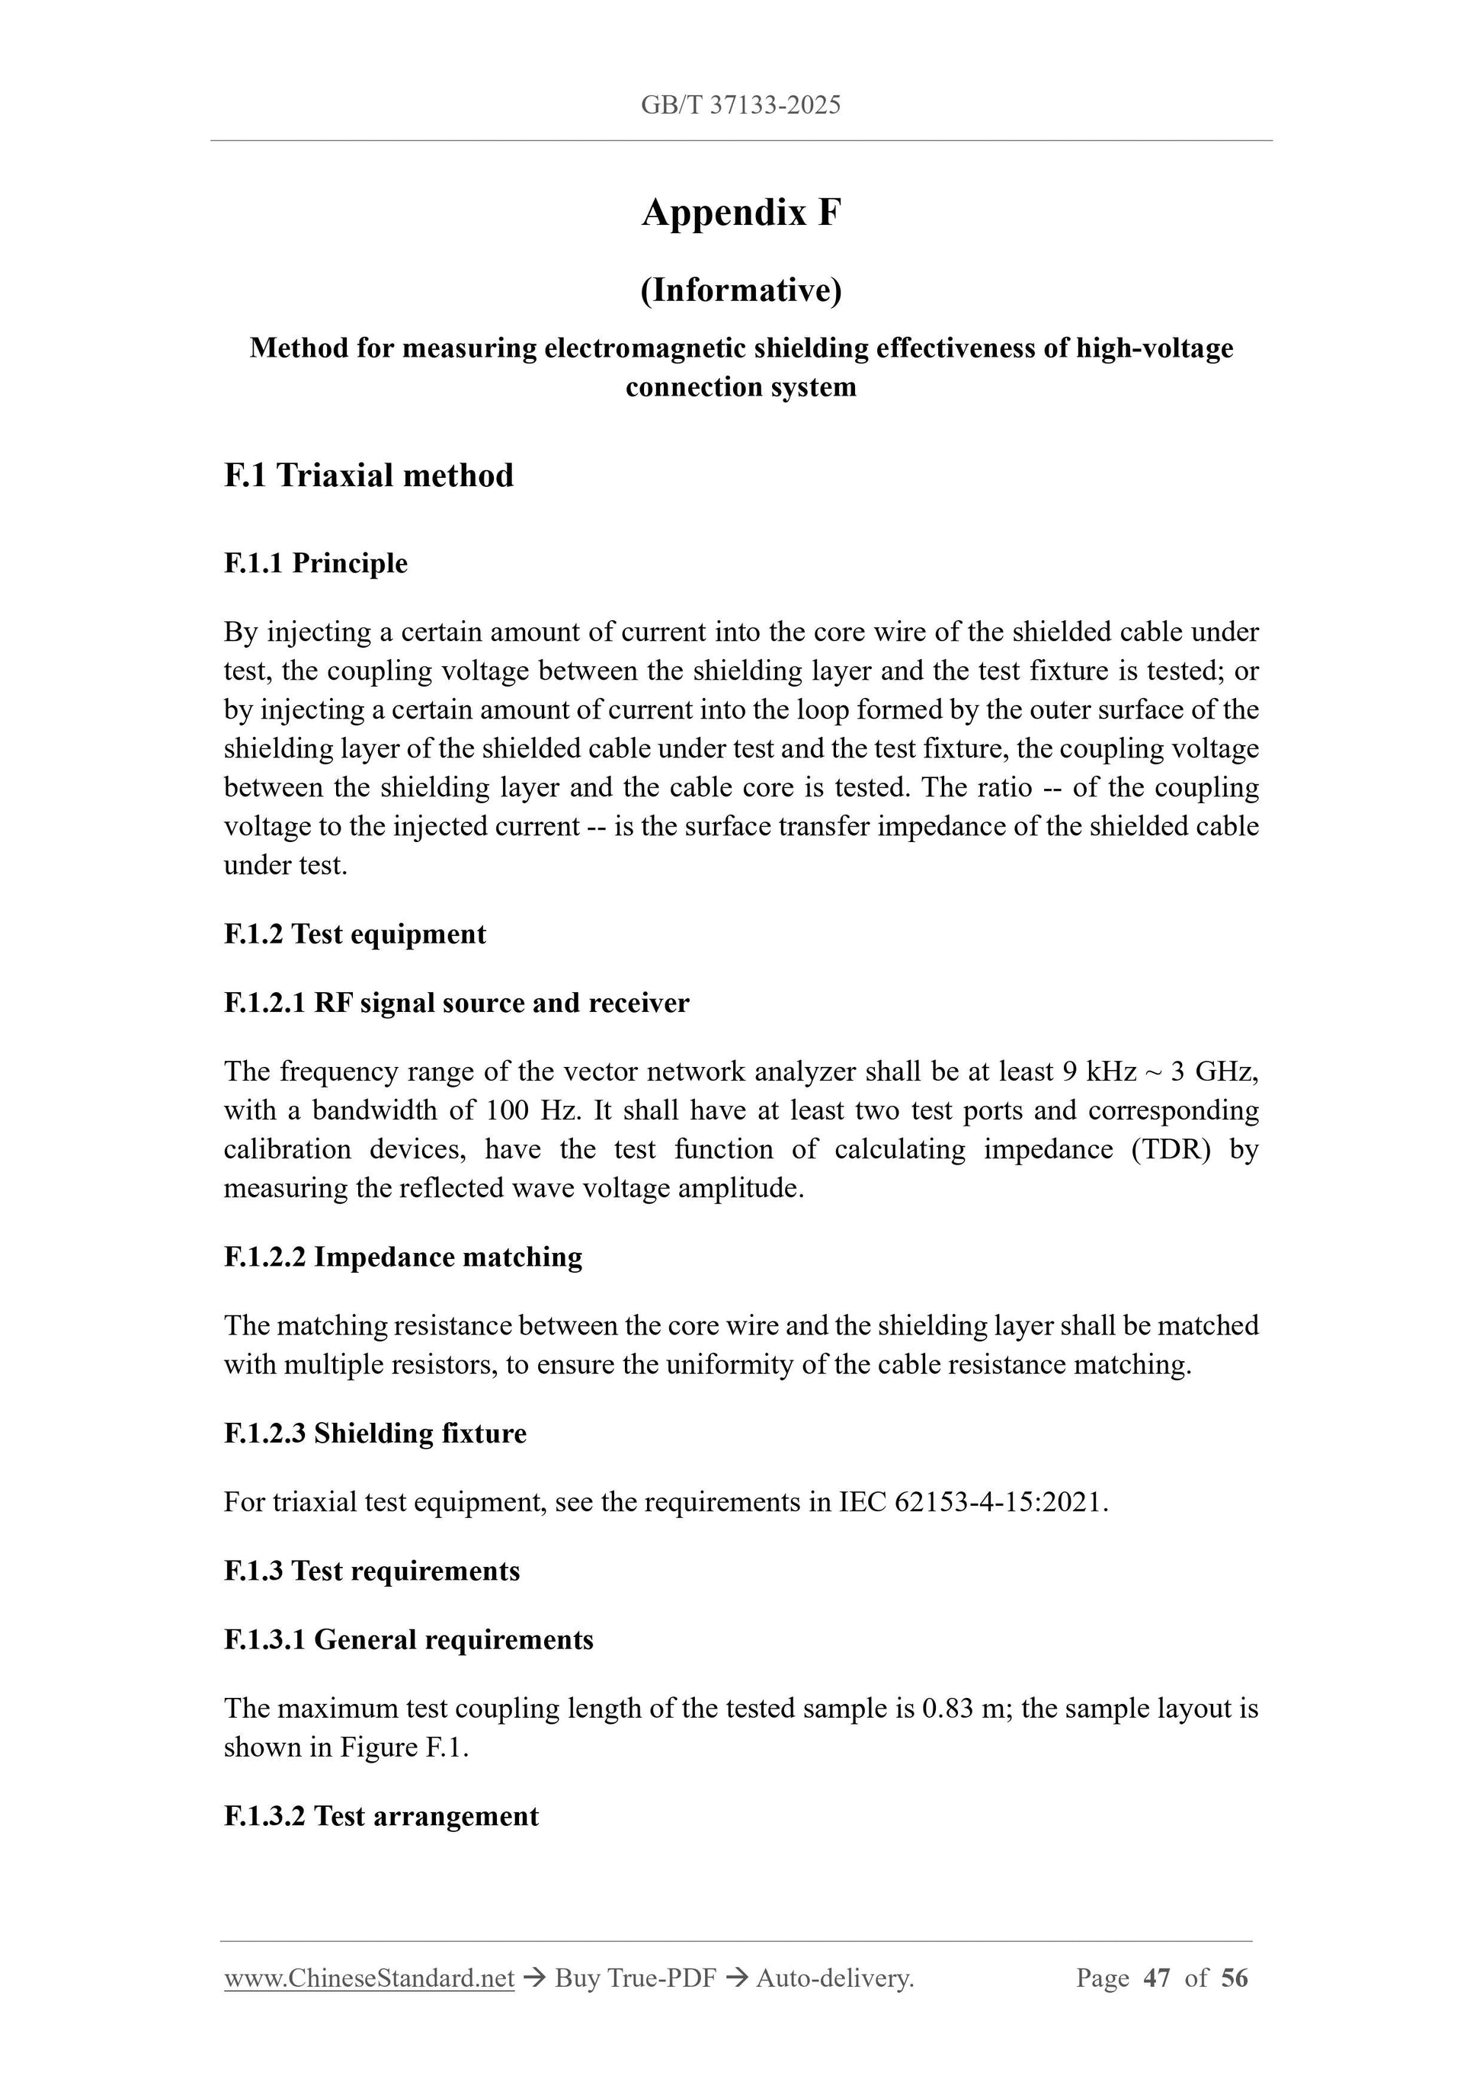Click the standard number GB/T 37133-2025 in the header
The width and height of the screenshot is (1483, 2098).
[x=740, y=105]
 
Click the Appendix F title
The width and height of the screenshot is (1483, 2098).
[x=740, y=213]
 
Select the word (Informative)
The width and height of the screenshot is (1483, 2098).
[x=740, y=290]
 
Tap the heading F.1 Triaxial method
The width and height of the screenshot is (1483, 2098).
[x=368, y=476]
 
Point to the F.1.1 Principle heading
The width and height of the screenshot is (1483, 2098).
[x=315, y=563]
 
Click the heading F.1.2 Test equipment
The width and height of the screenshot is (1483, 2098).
[x=354, y=934]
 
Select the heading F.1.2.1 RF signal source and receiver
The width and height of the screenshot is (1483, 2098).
[x=456, y=1002]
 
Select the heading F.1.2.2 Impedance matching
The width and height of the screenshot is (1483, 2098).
[x=403, y=1257]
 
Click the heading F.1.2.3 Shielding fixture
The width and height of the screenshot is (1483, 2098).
[x=375, y=1433]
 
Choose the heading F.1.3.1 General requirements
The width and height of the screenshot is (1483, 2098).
[x=408, y=1639]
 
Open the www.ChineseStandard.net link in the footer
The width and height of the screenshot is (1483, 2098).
[x=369, y=1978]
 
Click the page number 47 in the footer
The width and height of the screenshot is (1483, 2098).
[x=1157, y=1978]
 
